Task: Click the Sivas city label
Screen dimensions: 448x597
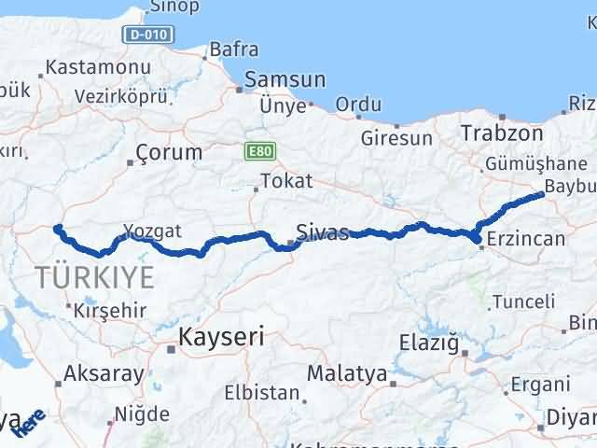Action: (322, 231)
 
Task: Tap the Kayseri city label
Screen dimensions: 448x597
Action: (222, 336)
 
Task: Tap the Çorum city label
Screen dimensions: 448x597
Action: (169, 151)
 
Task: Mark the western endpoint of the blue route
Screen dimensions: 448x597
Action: (57, 228)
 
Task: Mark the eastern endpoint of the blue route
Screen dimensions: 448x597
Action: (543, 194)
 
